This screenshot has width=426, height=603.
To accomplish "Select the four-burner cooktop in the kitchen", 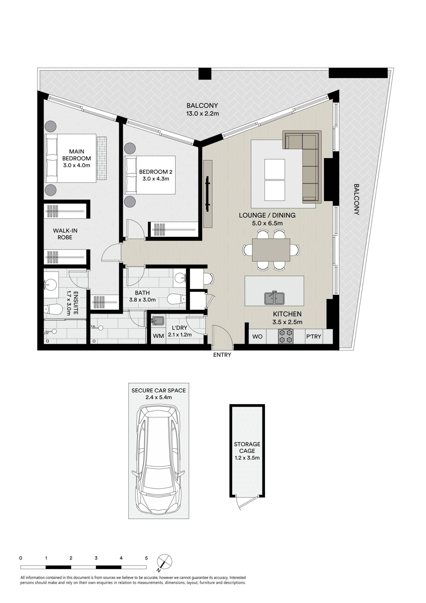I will [286, 336].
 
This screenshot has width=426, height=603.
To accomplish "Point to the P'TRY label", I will [313, 336].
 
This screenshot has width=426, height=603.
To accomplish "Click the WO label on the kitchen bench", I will [257, 336].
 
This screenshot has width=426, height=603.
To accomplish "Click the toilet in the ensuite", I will [54, 310].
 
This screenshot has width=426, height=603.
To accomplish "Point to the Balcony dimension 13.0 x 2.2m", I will [202, 114].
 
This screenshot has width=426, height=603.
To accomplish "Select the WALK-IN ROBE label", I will [65, 234].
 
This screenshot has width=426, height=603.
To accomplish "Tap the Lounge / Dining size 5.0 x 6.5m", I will [267, 223].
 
